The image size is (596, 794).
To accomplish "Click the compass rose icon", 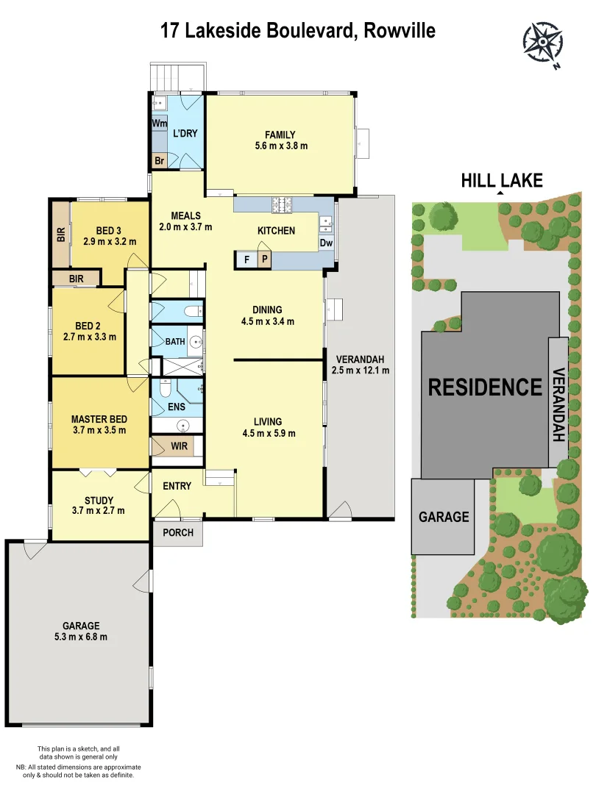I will (543, 43).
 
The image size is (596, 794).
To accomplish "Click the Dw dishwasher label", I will (327, 243).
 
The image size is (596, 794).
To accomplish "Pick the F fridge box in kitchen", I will (245, 260).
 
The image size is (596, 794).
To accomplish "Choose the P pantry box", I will (263, 260).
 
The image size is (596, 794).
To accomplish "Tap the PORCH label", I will (178, 532).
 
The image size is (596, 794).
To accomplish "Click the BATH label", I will (175, 341).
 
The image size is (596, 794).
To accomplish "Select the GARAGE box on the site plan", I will (443, 517).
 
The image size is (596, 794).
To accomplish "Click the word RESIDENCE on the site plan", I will (485, 387).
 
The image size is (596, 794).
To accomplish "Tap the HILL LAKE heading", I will (501, 180).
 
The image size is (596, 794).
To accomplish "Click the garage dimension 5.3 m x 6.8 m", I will (81, 637).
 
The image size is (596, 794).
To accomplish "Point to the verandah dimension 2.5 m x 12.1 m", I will (361, 371).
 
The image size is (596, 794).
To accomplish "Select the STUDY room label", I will (99, 499).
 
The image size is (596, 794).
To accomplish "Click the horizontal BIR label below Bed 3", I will (76, 279).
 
